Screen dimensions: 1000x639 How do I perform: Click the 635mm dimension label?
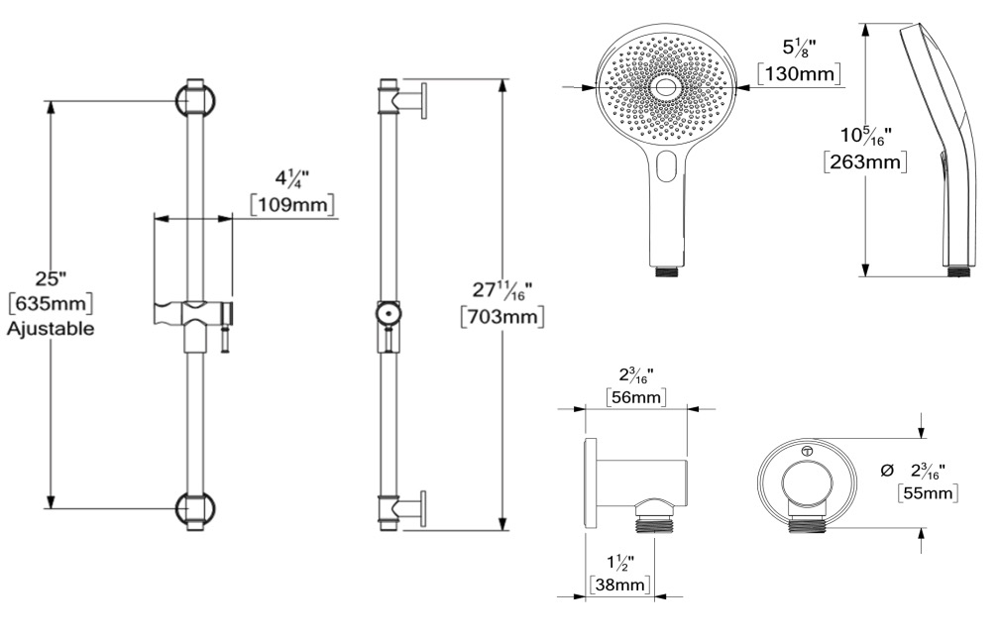pos(51,303)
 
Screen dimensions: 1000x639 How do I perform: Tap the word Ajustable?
pos(51,329)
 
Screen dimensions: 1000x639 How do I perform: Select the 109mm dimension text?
pos(292,205)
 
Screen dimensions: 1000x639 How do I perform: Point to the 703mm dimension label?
pos(502,316)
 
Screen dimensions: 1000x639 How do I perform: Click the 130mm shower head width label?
pos(799,73)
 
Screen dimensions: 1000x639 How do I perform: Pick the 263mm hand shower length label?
pos(865,161)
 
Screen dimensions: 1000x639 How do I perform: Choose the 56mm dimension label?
pos(635,396)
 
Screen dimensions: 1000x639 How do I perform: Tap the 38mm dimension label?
pos(618,584)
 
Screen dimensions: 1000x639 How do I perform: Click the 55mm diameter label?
pos(928,492)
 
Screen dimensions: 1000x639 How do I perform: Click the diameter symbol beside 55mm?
pos(886,472)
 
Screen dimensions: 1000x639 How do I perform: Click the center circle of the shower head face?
pos(666,88)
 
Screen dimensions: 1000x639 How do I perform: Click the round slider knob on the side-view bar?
pos(389,314)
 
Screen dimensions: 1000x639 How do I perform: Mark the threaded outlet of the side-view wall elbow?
pos(654,523)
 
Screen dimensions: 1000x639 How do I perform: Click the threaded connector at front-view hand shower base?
pos(668,271)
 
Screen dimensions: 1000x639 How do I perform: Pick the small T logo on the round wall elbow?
pos(807,451)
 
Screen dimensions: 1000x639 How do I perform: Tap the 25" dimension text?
pos(51,278)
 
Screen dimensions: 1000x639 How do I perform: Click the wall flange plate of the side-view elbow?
pos(591,484)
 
